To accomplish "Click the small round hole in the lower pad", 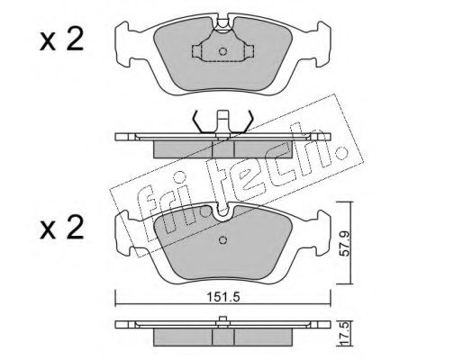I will pyautogui.click(x=222, y=240).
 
